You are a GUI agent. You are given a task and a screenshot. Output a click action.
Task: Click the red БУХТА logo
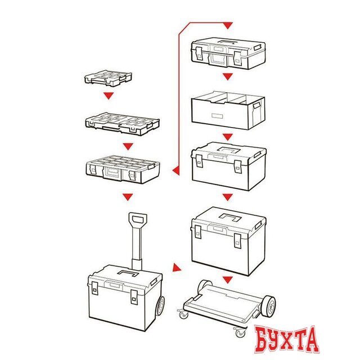(x=287, y=339)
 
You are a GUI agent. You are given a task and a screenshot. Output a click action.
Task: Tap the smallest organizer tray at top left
(x=108, y=78)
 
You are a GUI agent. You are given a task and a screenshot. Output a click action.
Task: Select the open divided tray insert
(x=228, y=110)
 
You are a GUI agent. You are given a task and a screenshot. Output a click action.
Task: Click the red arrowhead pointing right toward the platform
(x=177, y=268)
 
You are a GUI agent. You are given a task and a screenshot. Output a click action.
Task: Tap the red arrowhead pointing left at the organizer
(x=176, y=170)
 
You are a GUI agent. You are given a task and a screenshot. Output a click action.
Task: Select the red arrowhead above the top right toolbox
(x=227, y=26)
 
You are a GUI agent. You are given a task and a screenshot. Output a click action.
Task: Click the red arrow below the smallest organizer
(x=109, y=96)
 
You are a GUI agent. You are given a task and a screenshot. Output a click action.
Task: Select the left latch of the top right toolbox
(x=199, y=53)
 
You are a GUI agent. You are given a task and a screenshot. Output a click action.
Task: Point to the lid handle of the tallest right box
(x=230, y=217)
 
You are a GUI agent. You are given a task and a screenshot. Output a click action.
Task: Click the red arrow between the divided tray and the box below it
(x=227, y=137)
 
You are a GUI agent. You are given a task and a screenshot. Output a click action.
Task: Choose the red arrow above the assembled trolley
(x=128, y=197)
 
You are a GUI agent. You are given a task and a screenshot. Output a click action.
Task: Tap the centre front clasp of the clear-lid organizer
(x=111, y=172)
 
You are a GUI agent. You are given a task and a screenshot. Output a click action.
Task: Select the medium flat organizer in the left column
(x=123, y=124)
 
